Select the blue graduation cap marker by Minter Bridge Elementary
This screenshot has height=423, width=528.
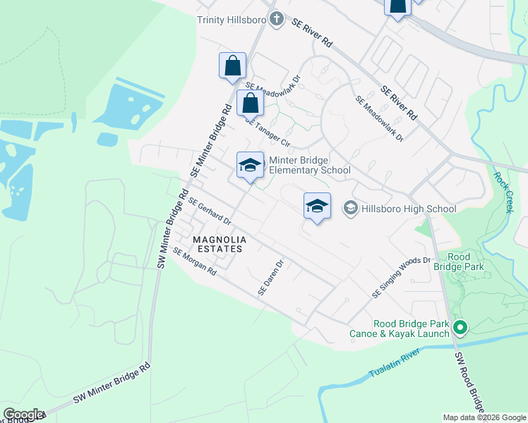(250, 166)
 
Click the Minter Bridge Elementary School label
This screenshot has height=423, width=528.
(309, 165)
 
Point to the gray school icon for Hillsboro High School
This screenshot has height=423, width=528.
(349, 208)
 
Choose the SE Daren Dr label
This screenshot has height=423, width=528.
(270, 278)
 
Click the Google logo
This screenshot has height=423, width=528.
(23, 415)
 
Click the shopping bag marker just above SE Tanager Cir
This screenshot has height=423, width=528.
(250, 103)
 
